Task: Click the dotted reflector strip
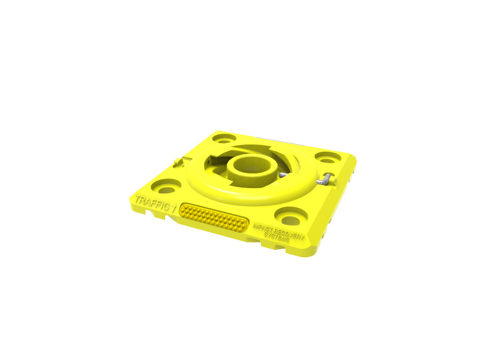214,218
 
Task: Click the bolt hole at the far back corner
225,139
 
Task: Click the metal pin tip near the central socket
281,175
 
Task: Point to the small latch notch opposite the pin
178,162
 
